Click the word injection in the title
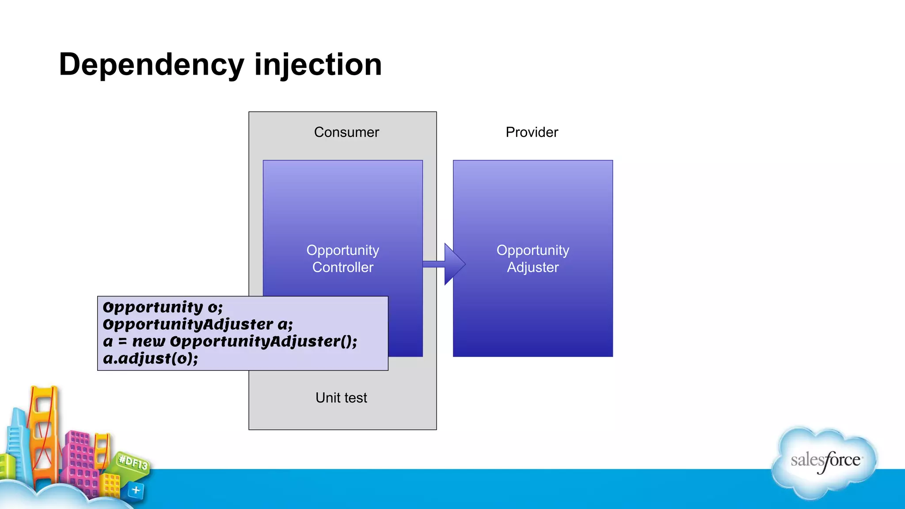(x=318, y=65)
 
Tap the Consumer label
(x=346, y=132)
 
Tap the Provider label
(x=532, y=132)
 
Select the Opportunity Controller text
(x=343, y=258)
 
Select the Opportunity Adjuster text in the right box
(x=532, y=258)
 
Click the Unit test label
(x=341, y=398)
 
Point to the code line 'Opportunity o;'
(x=163, y=307)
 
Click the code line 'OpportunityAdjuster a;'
(x=198, y=324)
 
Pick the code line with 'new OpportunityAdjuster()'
(x=230, y=341)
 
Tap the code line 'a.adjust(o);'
(x=150, y=358)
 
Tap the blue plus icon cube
(x=136, y=490)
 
